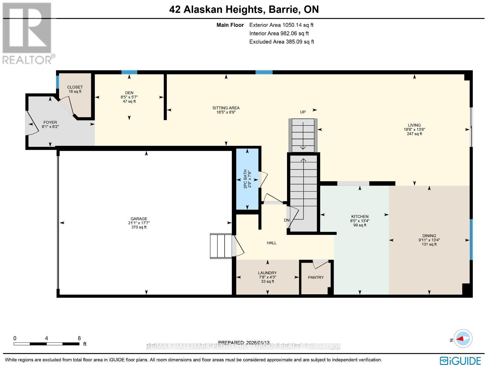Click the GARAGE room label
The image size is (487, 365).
click(139, 219)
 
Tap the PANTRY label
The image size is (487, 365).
click(316, 277)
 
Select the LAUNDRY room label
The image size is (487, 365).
click(267, 273)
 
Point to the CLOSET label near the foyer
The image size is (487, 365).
click(75, 87)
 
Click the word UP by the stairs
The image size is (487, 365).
click(303, 112)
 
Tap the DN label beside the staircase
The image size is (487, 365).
click(286, 220)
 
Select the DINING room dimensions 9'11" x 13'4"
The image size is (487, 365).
click(429, 240)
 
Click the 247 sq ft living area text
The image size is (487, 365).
click(414, 134)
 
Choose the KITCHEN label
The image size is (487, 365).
click(360, 217)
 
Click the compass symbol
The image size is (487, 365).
click(463, 338)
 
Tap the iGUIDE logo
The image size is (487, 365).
click(460, 360)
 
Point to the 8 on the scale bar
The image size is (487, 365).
click(79, 338)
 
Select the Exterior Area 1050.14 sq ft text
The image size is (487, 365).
click(281, 25)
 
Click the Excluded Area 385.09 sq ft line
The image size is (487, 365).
click(282, 42)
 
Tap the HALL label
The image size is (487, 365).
click(272, 243)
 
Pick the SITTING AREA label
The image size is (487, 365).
click(226, 108)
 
